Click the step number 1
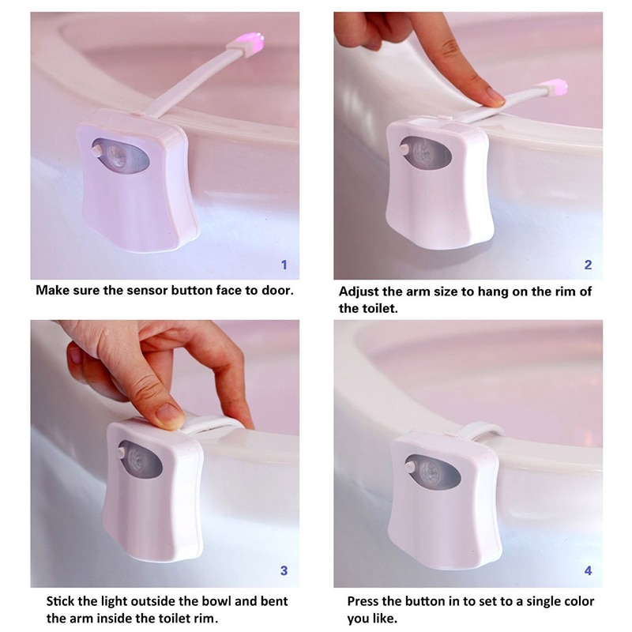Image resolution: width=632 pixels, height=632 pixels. (x=284, y=265)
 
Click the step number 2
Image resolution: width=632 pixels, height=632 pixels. (x=588, y=265)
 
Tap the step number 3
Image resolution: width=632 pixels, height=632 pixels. (x=284, y=570)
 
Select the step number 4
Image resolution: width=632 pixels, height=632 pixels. (x=588, y=570)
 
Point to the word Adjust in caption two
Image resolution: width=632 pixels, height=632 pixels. (x=359, y=292)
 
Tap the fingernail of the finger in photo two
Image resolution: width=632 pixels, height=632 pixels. (x=495, y=96)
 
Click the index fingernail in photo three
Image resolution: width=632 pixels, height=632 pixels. (x=168, y=413)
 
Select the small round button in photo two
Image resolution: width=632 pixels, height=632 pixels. (x=403, y=149)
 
